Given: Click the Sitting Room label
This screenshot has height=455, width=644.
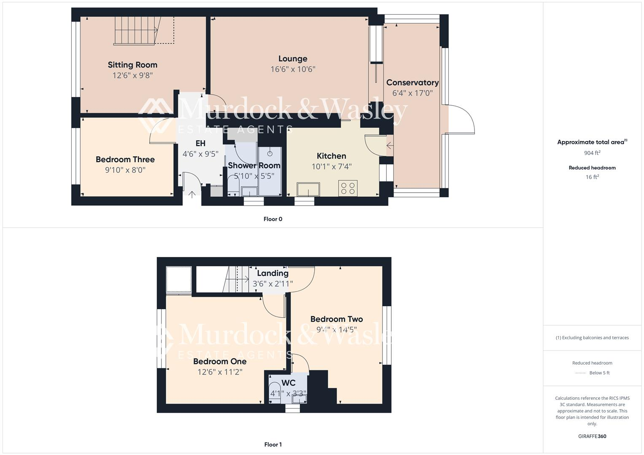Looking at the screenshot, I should click(132, 65).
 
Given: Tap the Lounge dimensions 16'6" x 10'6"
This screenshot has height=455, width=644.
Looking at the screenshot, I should click(293, 70).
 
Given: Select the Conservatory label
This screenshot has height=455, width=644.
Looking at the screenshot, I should click(412, 83).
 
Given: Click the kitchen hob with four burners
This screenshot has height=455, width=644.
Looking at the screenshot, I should click(348, 188).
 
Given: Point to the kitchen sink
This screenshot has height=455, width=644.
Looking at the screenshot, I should click(308, 189).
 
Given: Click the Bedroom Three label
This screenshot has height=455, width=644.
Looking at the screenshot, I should click(125, 159).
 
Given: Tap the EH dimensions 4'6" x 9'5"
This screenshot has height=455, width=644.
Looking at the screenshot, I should click(200, 154).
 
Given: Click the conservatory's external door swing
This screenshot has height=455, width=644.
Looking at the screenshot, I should click(461, 120).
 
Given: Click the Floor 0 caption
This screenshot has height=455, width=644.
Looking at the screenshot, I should click(273, 219).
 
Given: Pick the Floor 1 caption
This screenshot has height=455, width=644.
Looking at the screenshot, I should click(273, 444).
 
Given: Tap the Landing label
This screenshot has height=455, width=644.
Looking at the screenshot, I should click(272, 273).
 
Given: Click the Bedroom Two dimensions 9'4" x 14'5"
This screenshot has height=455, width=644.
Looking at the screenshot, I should click(337, 330).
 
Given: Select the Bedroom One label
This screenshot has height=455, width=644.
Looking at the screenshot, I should click(220, 361).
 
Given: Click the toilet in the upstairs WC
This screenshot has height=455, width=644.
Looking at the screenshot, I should click(275, 392).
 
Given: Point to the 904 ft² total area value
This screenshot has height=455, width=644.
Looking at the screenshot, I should click(592, 153).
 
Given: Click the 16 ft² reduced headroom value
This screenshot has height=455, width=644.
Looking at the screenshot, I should click(592, 177).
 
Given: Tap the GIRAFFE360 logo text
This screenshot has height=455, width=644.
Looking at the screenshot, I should click(592, 436).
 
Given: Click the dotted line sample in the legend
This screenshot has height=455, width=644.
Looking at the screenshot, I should click(581, 373).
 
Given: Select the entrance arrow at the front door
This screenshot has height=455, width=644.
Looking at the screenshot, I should click(192, 195).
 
